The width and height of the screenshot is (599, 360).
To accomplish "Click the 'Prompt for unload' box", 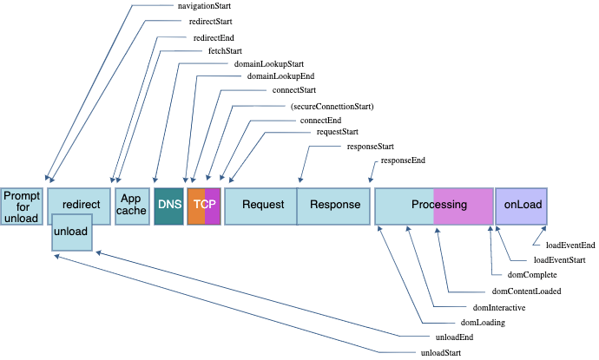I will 22,206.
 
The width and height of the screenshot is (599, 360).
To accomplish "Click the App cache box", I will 132,206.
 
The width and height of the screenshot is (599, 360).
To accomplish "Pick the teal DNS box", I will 168,206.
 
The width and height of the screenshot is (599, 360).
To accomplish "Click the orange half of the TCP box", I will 195,206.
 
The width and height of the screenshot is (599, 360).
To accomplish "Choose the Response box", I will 335,206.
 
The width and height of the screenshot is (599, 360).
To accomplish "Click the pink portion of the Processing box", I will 463,206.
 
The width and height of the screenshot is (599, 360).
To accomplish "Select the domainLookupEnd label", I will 274,76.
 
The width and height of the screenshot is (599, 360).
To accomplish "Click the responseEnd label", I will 403,160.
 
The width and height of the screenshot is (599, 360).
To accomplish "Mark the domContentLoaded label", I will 526,291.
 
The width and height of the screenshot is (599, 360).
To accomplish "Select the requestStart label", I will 337,133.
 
